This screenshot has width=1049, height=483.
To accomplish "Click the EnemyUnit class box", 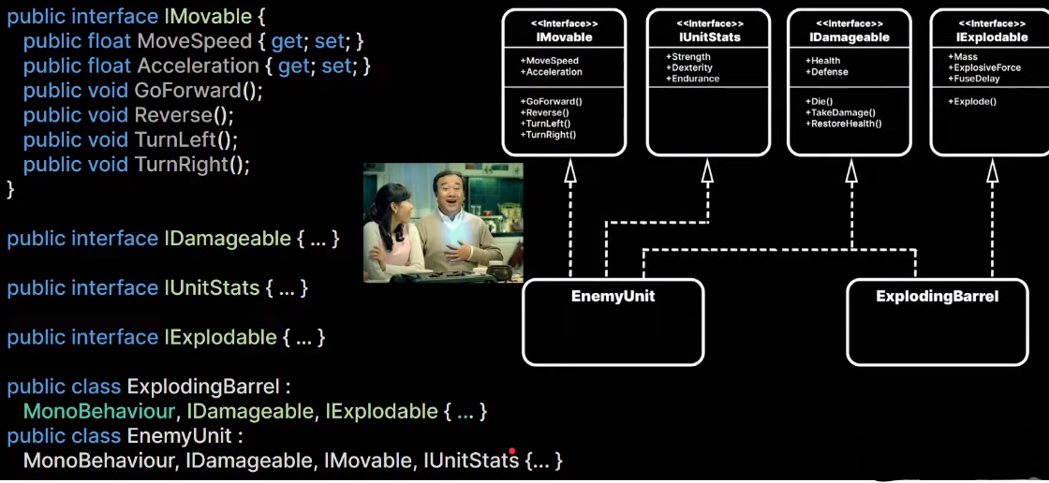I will click(x=613, y=322).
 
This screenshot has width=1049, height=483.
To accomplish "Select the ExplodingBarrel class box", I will click(x=937, y=322).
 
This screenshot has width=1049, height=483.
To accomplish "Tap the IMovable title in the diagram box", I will click(x=564, y=37).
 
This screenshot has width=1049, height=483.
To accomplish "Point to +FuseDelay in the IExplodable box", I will click(x=974, y=79).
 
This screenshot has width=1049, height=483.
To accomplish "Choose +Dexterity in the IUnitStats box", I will click(x=692, y=67).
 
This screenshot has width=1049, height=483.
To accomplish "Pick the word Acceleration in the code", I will click(x=198, y=66).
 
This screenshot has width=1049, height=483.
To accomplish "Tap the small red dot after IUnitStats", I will click(x=512, y=451).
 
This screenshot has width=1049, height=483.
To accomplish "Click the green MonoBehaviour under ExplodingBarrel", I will click(x=100, y=411).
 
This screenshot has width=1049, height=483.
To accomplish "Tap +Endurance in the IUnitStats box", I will click(x=693, y=79).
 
